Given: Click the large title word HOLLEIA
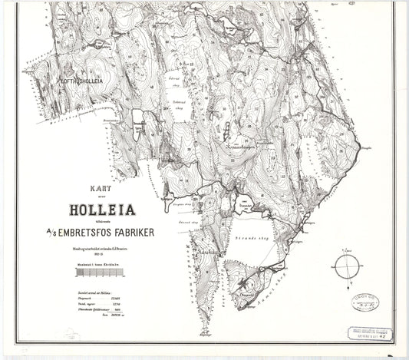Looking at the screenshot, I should pyautogui.click(x=96, y=206).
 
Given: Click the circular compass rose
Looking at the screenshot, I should pyautogui.click(x=347, y=268).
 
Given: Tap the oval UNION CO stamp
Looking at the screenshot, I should pyautogui.click(x=365, y=301).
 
